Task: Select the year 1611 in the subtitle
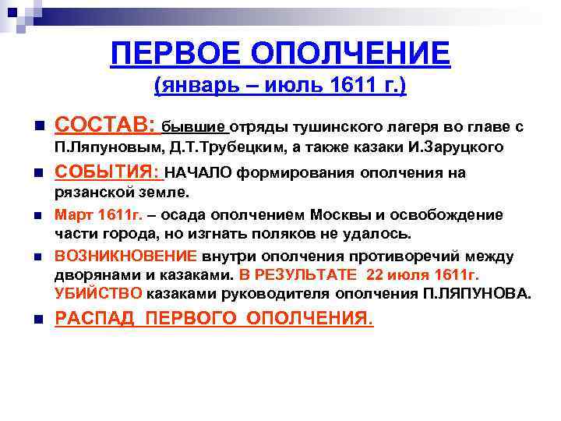tap(354, 87)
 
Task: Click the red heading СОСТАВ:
tap(104, 126)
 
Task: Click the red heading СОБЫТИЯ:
tap(108, 172)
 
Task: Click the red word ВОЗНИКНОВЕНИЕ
tap(125, 256)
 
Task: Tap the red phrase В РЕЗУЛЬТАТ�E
tap(298, 275)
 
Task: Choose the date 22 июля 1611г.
tap(424, 275)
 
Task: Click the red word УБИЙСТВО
tap(98, 294)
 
